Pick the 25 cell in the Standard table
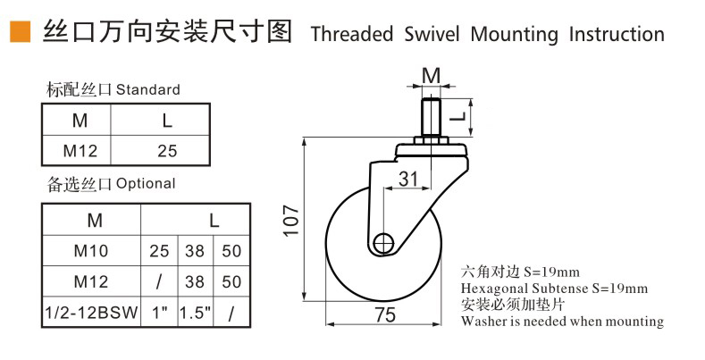tap(167, 150)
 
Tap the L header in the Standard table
tap(167, 120)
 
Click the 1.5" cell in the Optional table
tap(194, 314)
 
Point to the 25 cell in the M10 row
tap(159, 251)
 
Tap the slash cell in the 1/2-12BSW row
tap(231, 314)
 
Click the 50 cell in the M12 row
tap(231, 281)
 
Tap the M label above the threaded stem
tap(431, 75)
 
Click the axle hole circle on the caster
tap(385, 242)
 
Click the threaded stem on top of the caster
tap(431, 118)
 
